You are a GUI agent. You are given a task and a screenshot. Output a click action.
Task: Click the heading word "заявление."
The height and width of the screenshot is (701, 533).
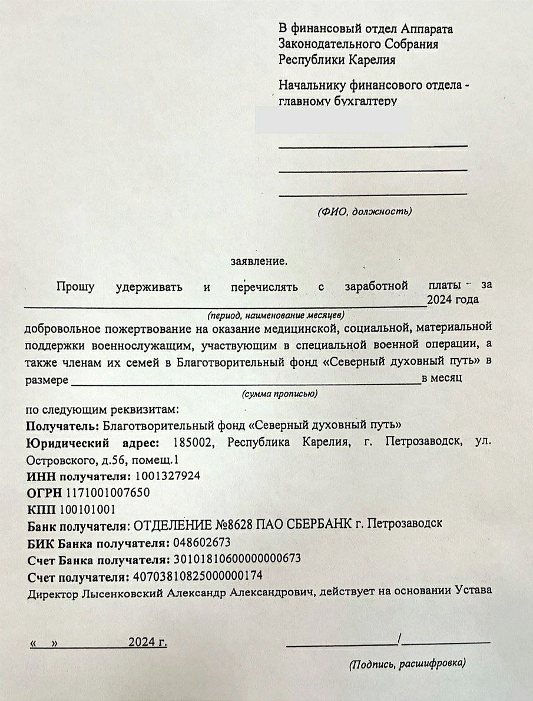260,260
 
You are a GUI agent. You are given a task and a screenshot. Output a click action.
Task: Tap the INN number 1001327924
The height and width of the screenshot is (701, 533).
168,475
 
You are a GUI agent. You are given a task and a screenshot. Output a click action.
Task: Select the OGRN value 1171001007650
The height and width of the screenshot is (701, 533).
108,492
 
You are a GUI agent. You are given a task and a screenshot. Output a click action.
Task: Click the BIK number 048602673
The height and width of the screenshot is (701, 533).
201,542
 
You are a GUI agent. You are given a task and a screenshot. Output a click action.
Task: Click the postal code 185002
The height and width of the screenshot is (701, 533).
194,442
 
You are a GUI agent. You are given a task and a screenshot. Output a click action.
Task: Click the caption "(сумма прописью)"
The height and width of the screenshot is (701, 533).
280,394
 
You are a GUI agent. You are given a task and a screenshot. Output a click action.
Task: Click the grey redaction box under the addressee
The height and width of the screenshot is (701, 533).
333,120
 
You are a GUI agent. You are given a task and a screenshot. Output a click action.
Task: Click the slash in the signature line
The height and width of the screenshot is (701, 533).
400,639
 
